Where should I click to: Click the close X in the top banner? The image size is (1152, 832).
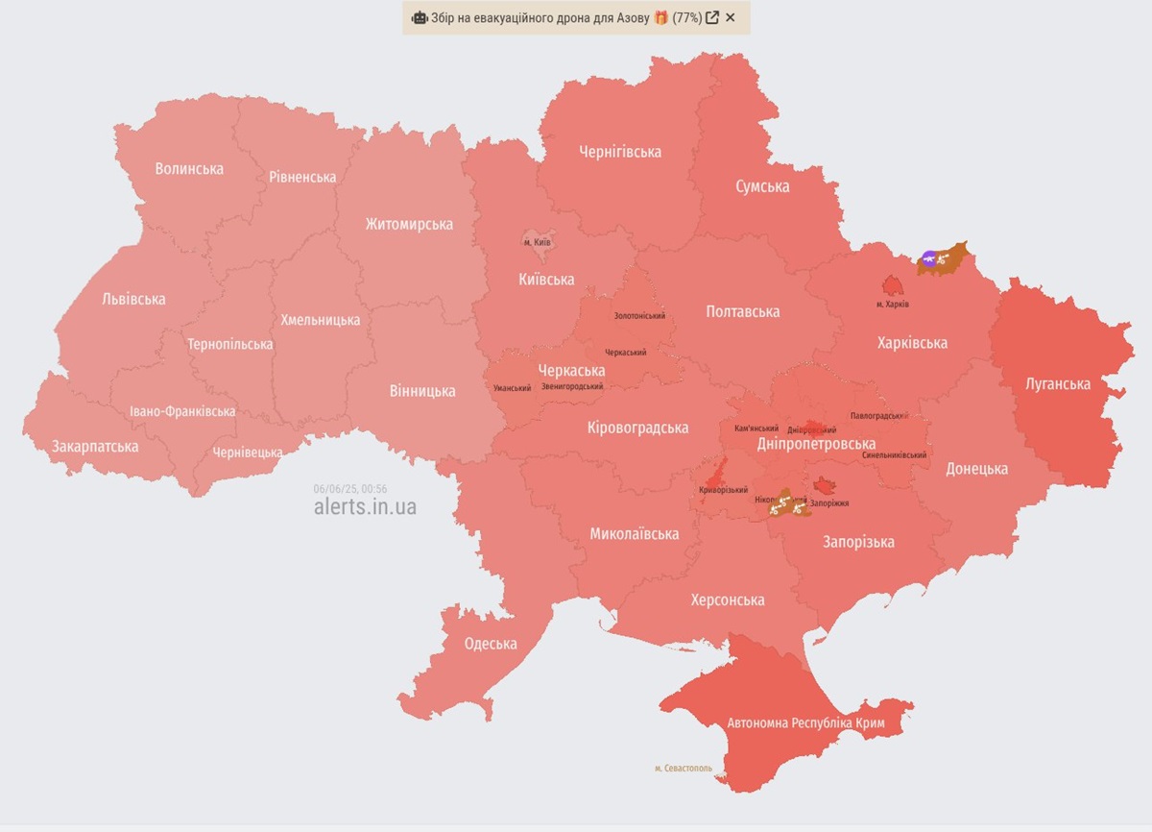pos(731,17)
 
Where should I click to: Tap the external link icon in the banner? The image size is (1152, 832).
pos(712,17)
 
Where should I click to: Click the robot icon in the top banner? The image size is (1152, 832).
pos(420,17)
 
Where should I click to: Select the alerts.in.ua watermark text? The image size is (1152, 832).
pos(365,506)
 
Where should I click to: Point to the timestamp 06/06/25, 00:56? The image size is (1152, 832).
pos(349,488)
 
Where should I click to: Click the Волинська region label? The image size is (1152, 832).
pos(189,169)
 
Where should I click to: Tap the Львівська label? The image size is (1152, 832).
pos(133,299)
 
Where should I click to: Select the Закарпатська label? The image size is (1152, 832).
pos(95,447)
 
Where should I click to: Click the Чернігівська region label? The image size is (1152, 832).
pos(620,152)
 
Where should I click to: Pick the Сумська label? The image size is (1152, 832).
pos(762,186)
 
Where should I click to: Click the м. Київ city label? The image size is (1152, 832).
pos(537,242)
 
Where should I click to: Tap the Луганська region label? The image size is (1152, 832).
pos(1058,384)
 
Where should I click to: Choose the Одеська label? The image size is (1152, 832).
pos(491,644)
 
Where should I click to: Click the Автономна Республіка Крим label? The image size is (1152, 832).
pos(806,722)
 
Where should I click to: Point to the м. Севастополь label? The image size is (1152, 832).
pos(684,769)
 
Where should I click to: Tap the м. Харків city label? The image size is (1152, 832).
pos(893,305)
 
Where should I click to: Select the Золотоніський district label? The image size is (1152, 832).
pos(639,316)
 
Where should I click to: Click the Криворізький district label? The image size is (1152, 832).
pos(723,490)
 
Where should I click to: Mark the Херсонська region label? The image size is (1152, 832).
pos(728,600)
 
